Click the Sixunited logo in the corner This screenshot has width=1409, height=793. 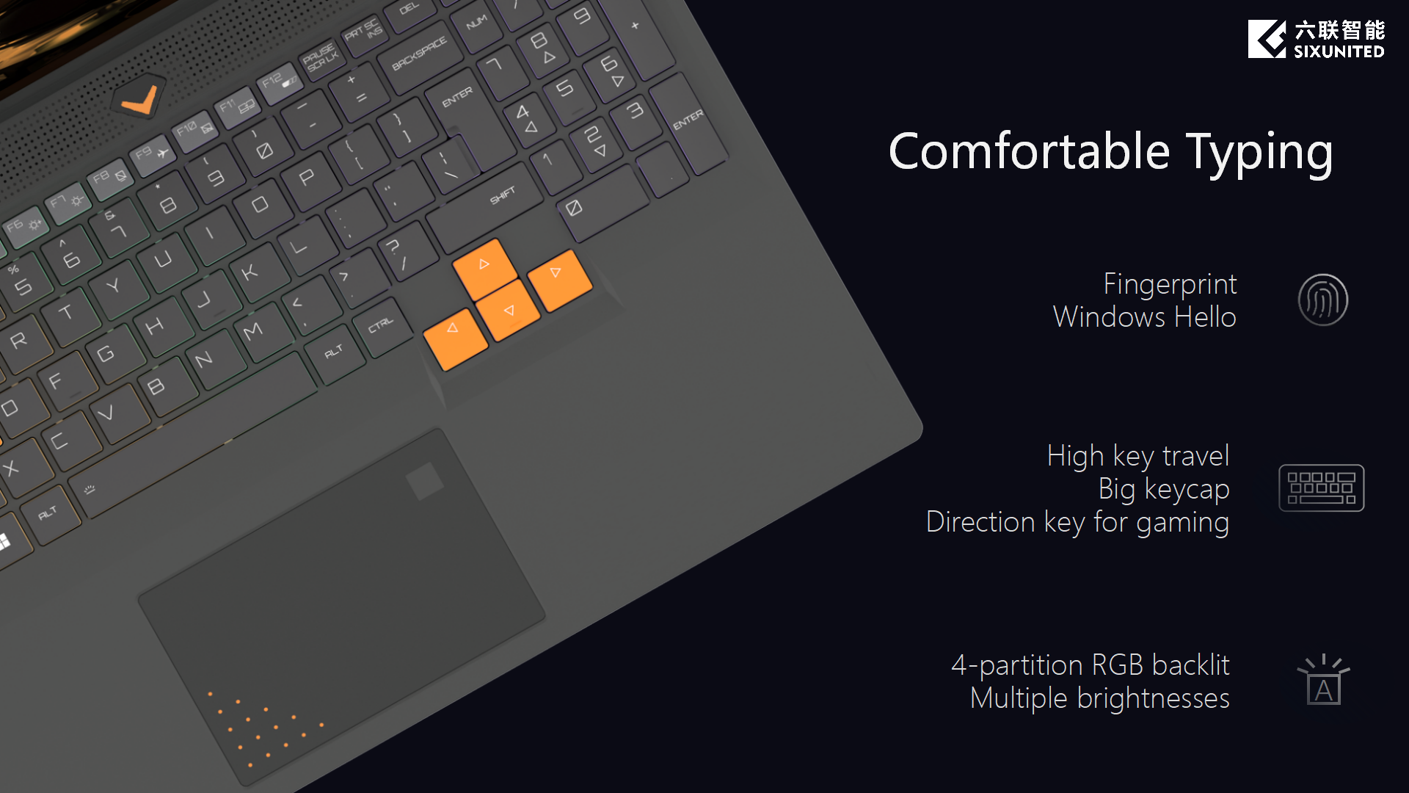1316,39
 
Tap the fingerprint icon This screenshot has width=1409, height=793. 1323,300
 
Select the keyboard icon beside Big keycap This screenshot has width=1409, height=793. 1322,488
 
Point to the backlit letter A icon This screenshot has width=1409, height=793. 1324,680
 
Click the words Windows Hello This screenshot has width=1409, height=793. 1145,317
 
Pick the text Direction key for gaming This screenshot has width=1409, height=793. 1077,522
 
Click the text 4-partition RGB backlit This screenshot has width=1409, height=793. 1091,665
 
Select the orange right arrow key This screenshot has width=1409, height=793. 559,280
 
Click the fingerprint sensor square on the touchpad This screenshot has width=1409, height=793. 425,481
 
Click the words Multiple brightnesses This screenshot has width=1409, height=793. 1099,699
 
